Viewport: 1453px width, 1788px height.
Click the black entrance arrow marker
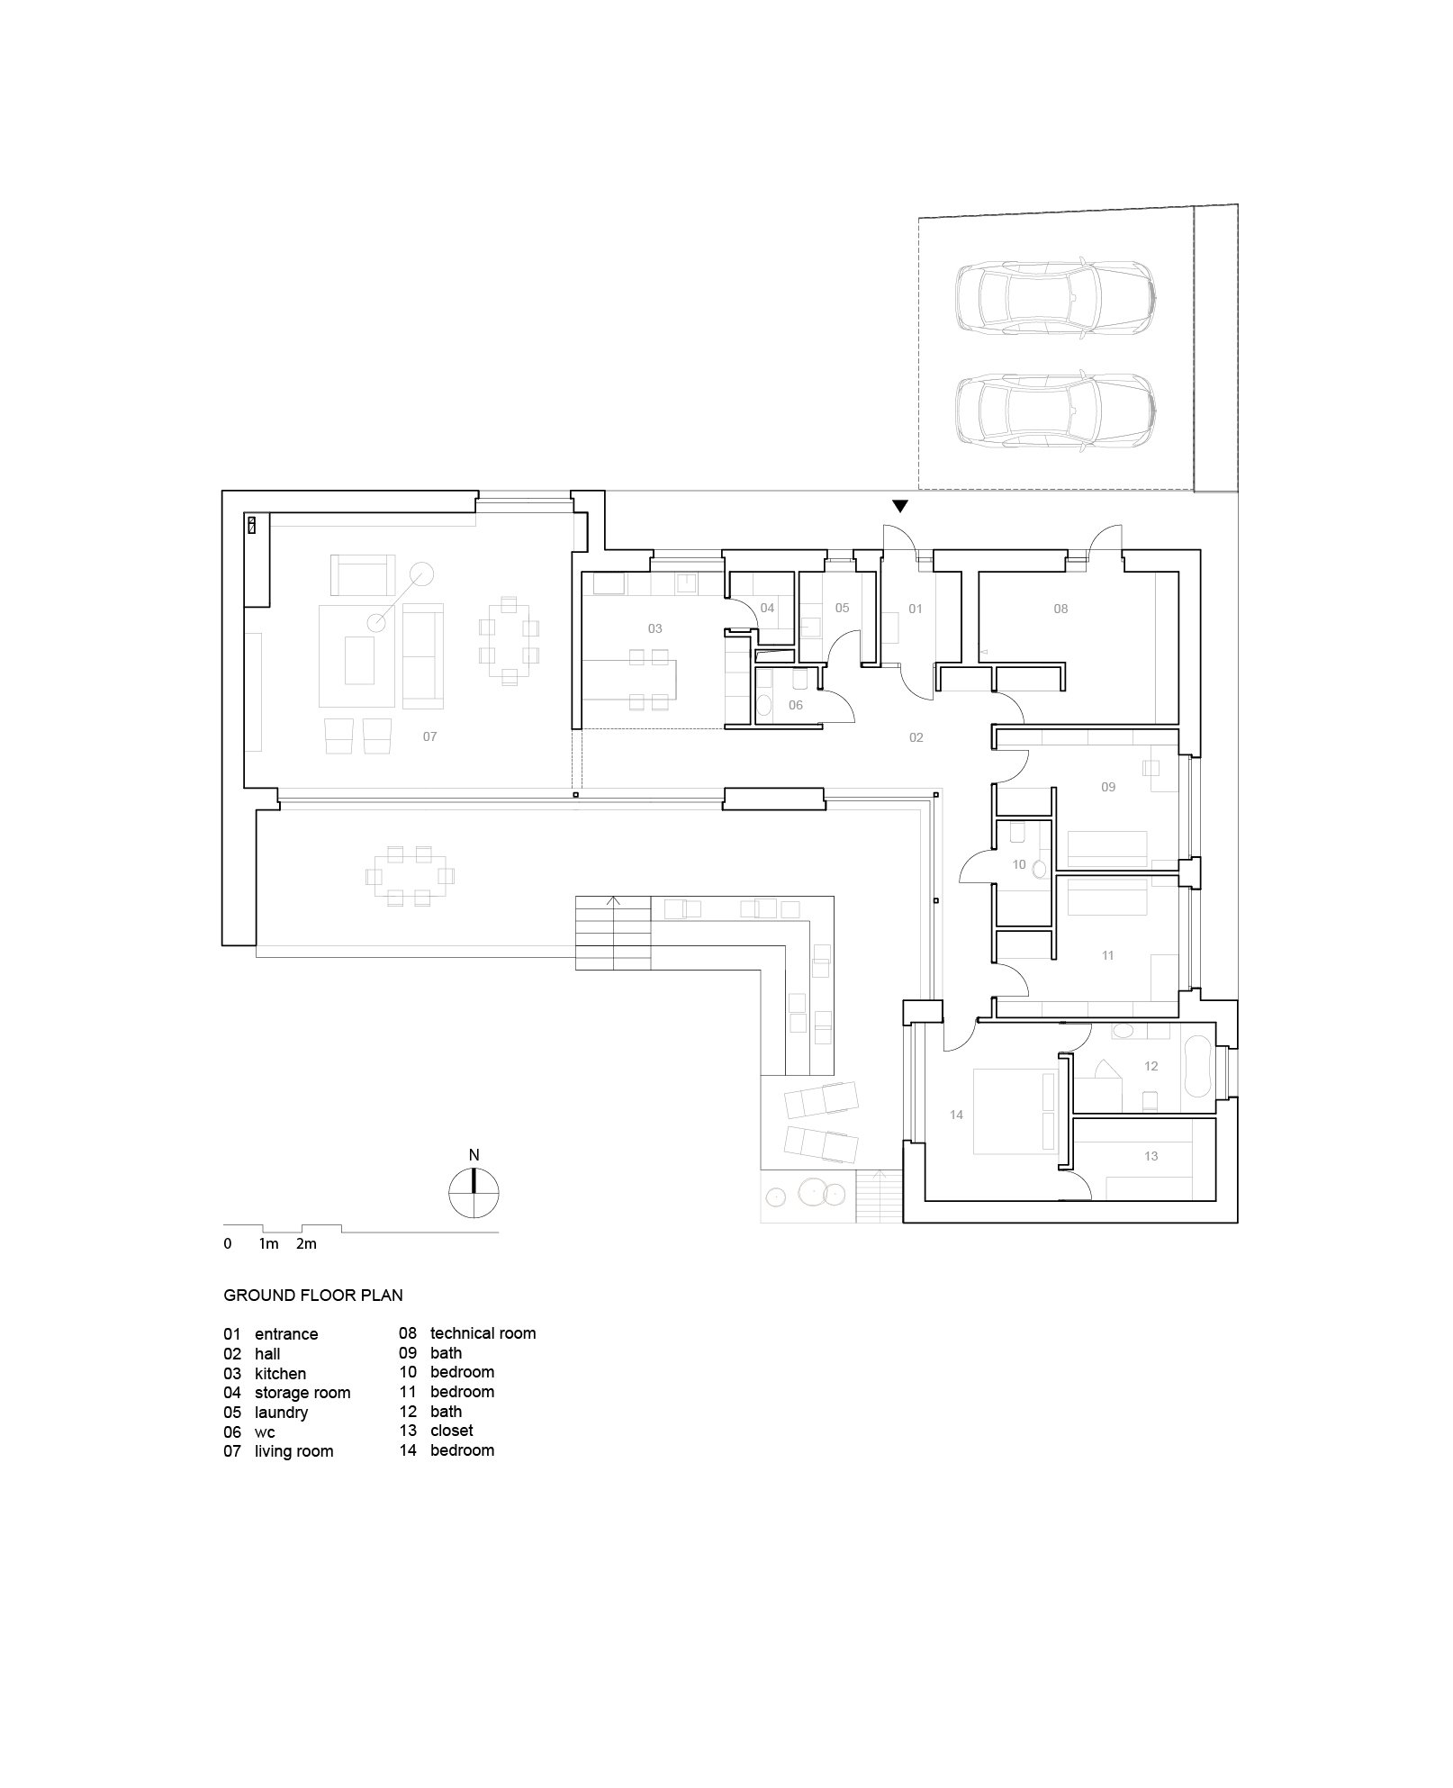coord(899,507)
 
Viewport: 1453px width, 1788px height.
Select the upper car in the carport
coord(1054,298)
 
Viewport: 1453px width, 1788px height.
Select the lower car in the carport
coord(1054,411)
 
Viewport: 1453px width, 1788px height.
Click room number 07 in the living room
coord(429,736)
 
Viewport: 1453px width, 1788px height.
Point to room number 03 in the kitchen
coord(654,628)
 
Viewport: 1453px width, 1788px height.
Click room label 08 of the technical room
coord(1060,609)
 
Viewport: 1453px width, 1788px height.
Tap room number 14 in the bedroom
coord(956,1115)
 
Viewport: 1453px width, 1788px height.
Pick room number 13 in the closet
coord(1151,1156)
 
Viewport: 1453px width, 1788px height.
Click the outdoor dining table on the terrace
coord(410,875)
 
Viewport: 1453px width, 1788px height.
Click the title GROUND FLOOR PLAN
coord(312,1296)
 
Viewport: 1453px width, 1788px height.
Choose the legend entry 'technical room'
coord(483,1333)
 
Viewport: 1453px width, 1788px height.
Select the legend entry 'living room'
coord(293,1451)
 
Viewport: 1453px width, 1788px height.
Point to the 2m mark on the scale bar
coord(306,1244)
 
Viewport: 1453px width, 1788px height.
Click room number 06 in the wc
coord(795,705)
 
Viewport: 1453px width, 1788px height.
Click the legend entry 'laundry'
coord(281,1413)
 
